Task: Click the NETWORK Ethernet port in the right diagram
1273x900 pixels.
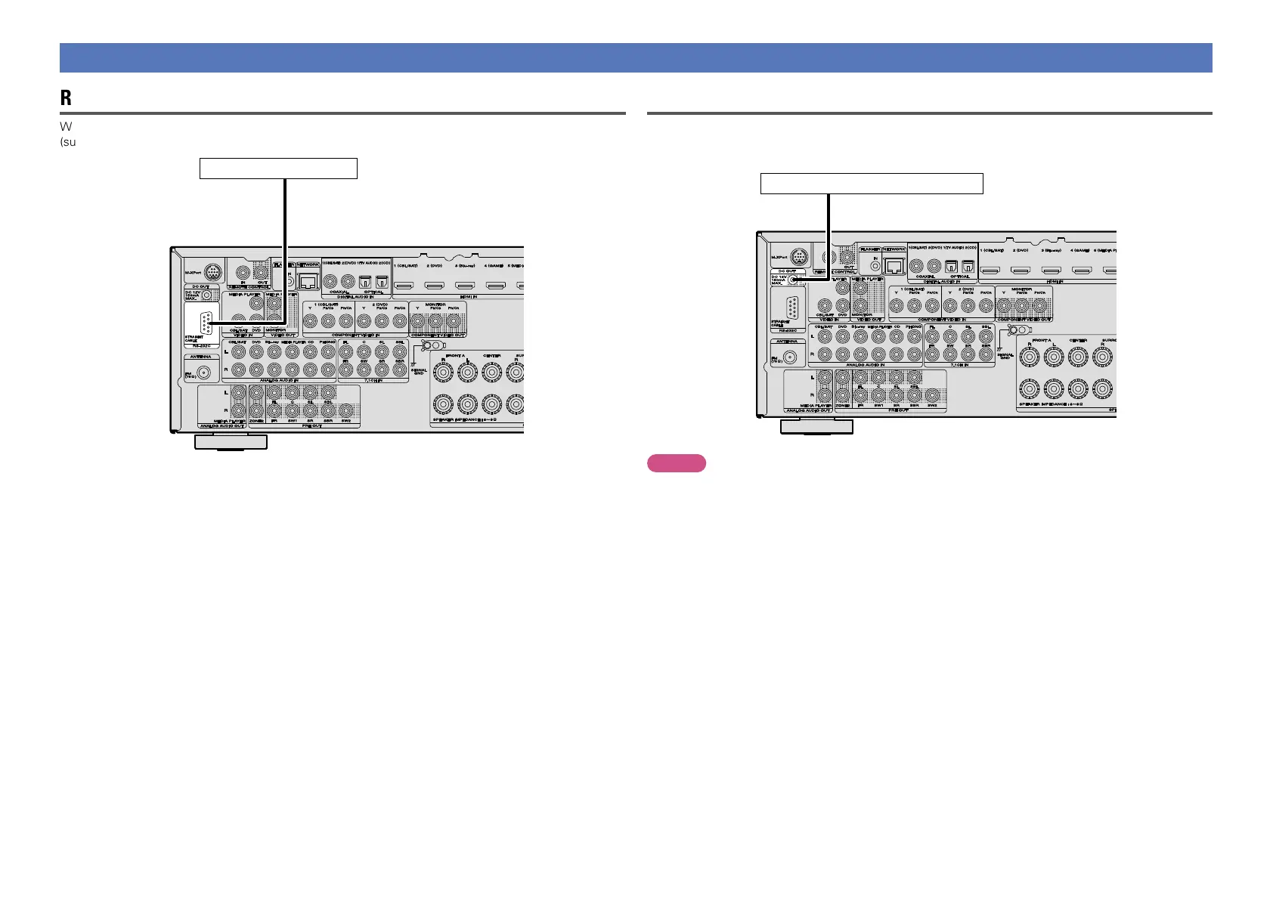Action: [x=894, y=265]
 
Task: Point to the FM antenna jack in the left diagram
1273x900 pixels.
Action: [x=203, y=372]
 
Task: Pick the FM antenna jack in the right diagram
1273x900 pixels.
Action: [x=791, y=357]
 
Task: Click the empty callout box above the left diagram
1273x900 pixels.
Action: [x=277, y=168]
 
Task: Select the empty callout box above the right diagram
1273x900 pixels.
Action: [x=871, y=184]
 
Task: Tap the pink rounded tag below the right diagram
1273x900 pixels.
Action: [x=676, y=463]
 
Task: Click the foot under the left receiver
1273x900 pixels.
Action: [x=231, y=441]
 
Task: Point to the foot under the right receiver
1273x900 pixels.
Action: [x=816, y=426]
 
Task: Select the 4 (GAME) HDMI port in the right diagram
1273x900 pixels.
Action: [x=1081, y=271]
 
